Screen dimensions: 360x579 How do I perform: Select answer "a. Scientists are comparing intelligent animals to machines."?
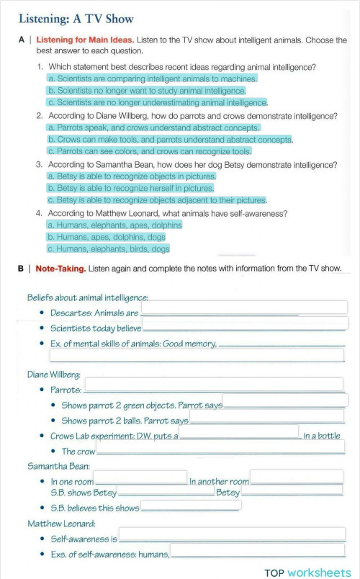click(152, 78)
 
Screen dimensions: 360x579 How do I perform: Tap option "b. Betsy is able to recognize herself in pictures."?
click(130, 188)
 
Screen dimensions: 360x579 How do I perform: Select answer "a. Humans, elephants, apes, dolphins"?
click(114, 225)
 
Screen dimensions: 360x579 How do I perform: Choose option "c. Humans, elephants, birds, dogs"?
click(108, 248)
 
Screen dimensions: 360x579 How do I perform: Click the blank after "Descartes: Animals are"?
click(244, 308)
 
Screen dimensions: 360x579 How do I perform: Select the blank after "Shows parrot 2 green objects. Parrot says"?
click(285, 400)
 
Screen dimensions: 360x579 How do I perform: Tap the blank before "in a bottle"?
click(238, 431)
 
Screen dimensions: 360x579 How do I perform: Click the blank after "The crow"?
click(220, 447)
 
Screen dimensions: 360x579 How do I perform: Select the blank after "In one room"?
click(140, 477)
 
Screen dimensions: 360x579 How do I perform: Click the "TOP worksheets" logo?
click(307, 572)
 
